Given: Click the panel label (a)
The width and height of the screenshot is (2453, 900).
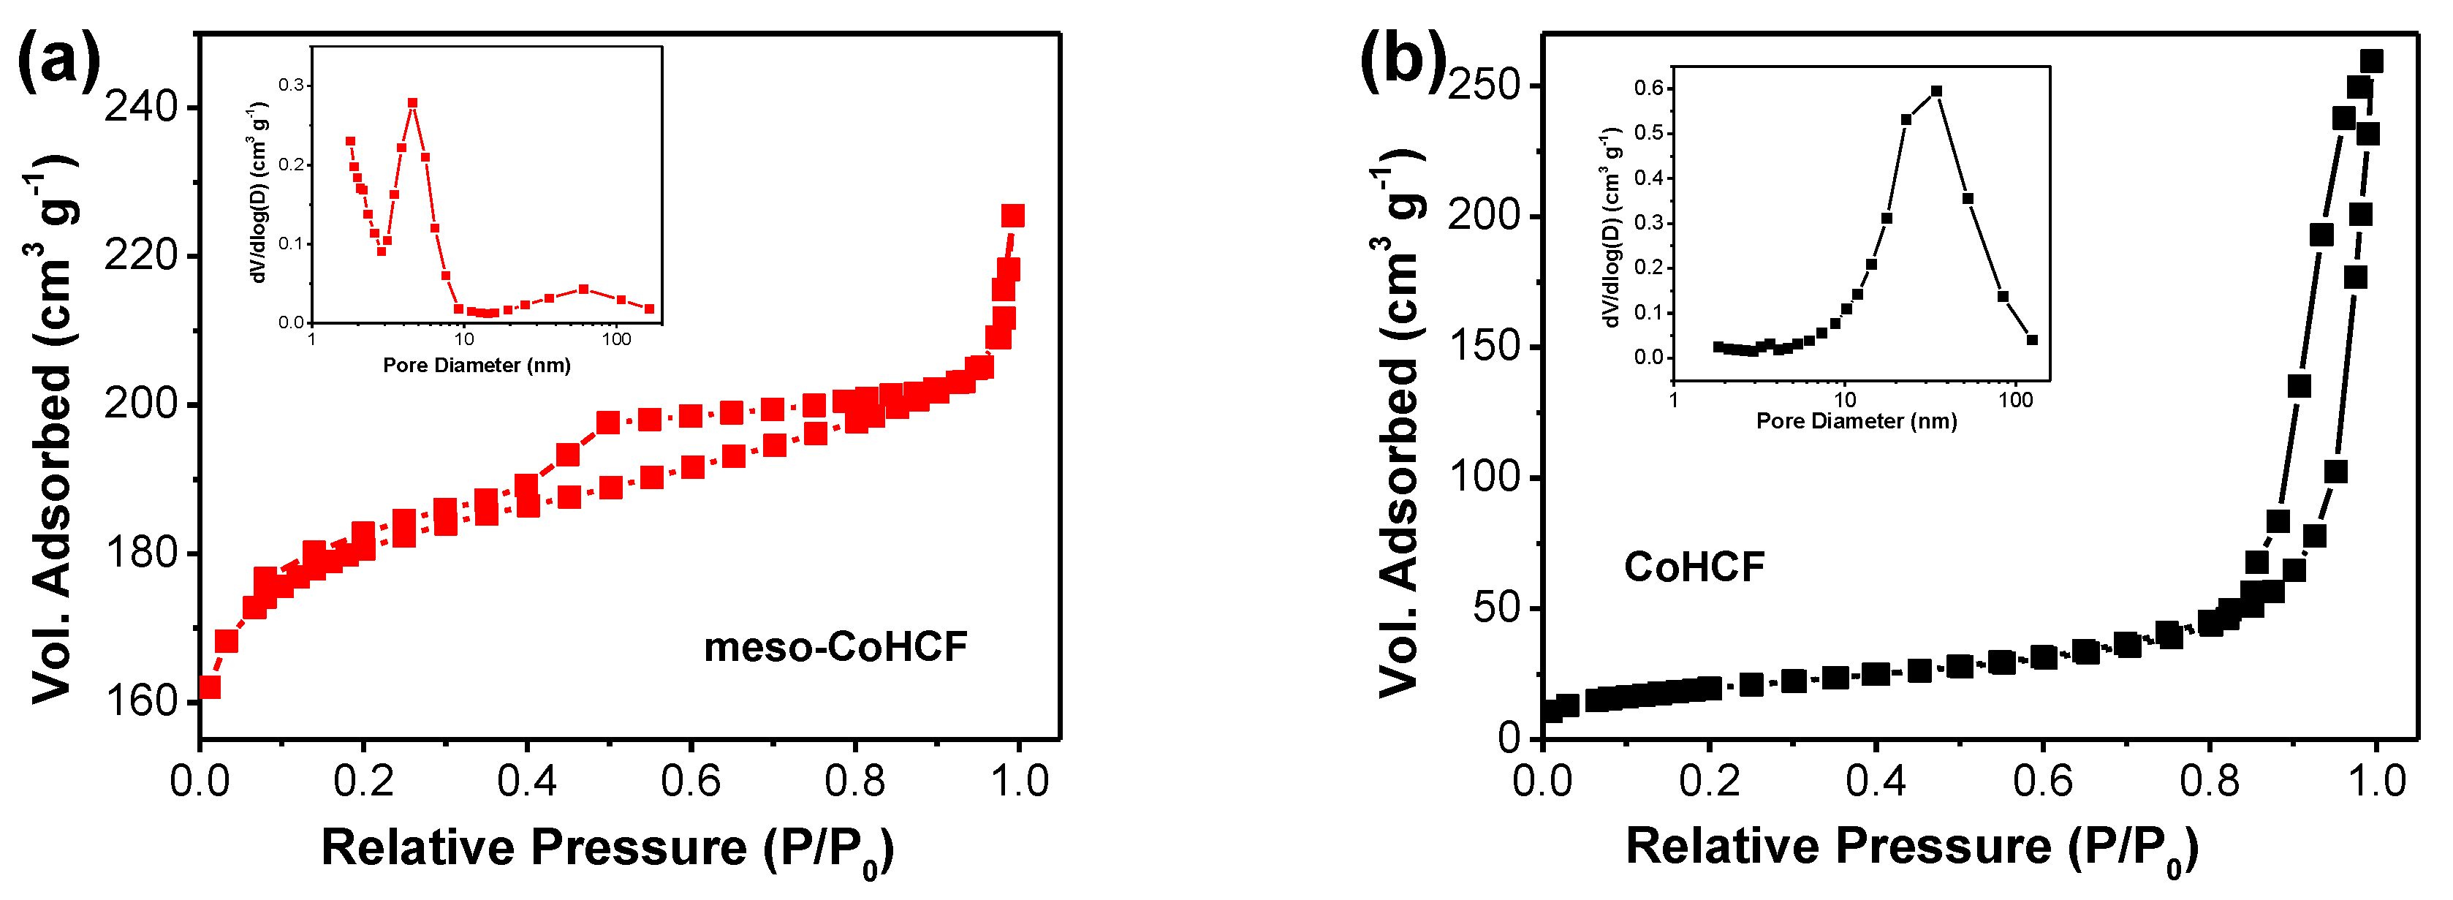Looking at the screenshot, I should point(59,60).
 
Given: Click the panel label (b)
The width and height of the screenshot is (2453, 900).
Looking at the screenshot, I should point(1403,60).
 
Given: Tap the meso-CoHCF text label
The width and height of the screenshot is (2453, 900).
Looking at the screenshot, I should point(835,648).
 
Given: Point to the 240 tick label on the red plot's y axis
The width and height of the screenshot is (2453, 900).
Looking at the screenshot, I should point(141,107).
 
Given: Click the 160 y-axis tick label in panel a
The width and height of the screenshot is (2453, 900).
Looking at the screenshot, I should point(141,702).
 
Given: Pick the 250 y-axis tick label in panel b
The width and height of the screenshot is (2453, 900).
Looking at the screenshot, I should point(1487,85).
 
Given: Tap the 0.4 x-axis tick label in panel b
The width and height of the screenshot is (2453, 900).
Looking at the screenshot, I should point(1875,782).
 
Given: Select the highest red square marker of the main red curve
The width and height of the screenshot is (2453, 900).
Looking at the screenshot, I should point(1013,216).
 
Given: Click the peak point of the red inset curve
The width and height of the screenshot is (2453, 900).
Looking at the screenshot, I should point(412,103).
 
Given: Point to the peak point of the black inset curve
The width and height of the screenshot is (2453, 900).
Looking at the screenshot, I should point(1936,91).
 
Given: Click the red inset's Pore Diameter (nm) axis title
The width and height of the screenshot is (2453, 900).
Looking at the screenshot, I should point(476,366).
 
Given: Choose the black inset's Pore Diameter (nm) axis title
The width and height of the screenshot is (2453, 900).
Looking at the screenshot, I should point(1856,421).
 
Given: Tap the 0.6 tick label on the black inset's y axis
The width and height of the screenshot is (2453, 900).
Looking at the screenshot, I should point(1648,88).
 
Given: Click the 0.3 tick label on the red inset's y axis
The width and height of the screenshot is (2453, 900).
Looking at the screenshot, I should point(292,86).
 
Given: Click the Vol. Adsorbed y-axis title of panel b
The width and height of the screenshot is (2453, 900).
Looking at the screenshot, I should point(1400,424).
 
